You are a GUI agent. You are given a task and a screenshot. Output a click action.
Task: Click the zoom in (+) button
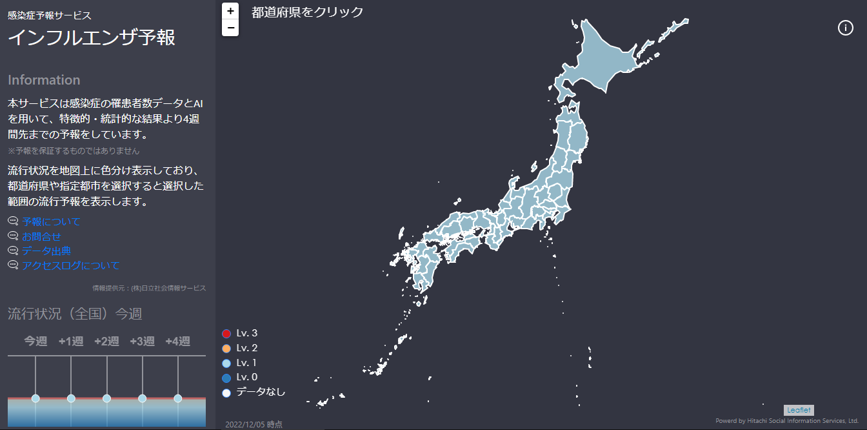230,11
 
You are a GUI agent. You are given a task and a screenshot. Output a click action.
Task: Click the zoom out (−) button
230,28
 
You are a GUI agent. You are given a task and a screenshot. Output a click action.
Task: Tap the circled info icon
845,28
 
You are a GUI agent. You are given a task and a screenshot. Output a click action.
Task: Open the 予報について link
51,221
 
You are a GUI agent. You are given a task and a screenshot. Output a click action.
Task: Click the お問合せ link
41,236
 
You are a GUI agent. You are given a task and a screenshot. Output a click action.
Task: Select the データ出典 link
46,251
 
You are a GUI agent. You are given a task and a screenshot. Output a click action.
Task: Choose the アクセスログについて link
70,265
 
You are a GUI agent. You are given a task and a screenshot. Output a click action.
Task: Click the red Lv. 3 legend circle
226,334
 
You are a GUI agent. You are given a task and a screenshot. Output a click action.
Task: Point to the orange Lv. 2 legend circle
226,349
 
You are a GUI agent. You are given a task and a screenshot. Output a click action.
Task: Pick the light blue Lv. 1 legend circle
226,363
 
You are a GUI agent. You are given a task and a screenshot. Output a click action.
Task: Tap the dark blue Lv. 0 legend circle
226,378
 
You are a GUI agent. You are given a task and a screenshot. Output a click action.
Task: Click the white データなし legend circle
226,393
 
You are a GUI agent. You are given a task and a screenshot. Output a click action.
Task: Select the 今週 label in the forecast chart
35,341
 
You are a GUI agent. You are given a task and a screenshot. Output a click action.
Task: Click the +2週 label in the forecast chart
106,341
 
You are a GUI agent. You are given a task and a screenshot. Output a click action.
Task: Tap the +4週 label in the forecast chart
177,341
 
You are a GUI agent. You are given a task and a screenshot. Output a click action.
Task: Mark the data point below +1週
71,398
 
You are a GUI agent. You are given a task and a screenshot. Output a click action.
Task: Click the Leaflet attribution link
799,410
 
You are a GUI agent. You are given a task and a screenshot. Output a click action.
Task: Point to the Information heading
44,80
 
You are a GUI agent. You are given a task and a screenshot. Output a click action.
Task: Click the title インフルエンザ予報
91,37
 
